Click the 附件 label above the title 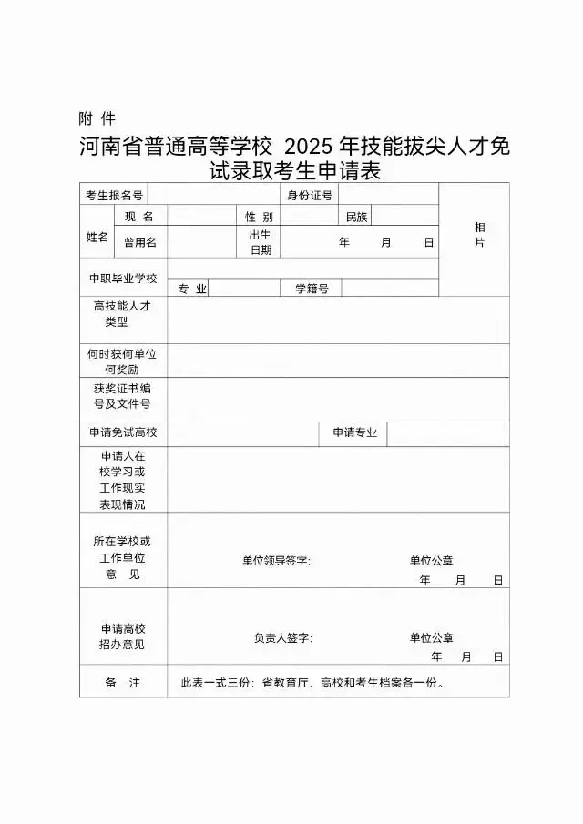pyautogui.click(x=97, y=118)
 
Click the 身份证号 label pyautogui.click(x=310, y=195)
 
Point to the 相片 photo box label pyautogui.click(x=479, y=235)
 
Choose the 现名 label pyautogui.click(x=139, y=217)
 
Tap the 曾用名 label pyautogui.click(x=140, y=242)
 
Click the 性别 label pyautogui.click(x=259, y=217)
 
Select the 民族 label pyautogui.click(x=356, y=217)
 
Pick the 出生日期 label pyautogui.click(x=260, y=242)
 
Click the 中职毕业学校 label pyautogui.click(x=122, y=278)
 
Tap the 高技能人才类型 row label pyautogui.click(x=122, y=314)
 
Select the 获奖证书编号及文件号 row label pyautogui.click(x=122, y=396)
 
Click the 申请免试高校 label pyautogui.click(x=122, y=433)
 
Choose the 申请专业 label pyautogui.click(x=353, y=433)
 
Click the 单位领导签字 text pyautogui.click(x=276, y=561)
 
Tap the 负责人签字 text pyautogui.click(x=282, y=638)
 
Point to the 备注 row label pyautogui.click(x=122, y=683)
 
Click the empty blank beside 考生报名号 pyautogui.click(x=212, y=195)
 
